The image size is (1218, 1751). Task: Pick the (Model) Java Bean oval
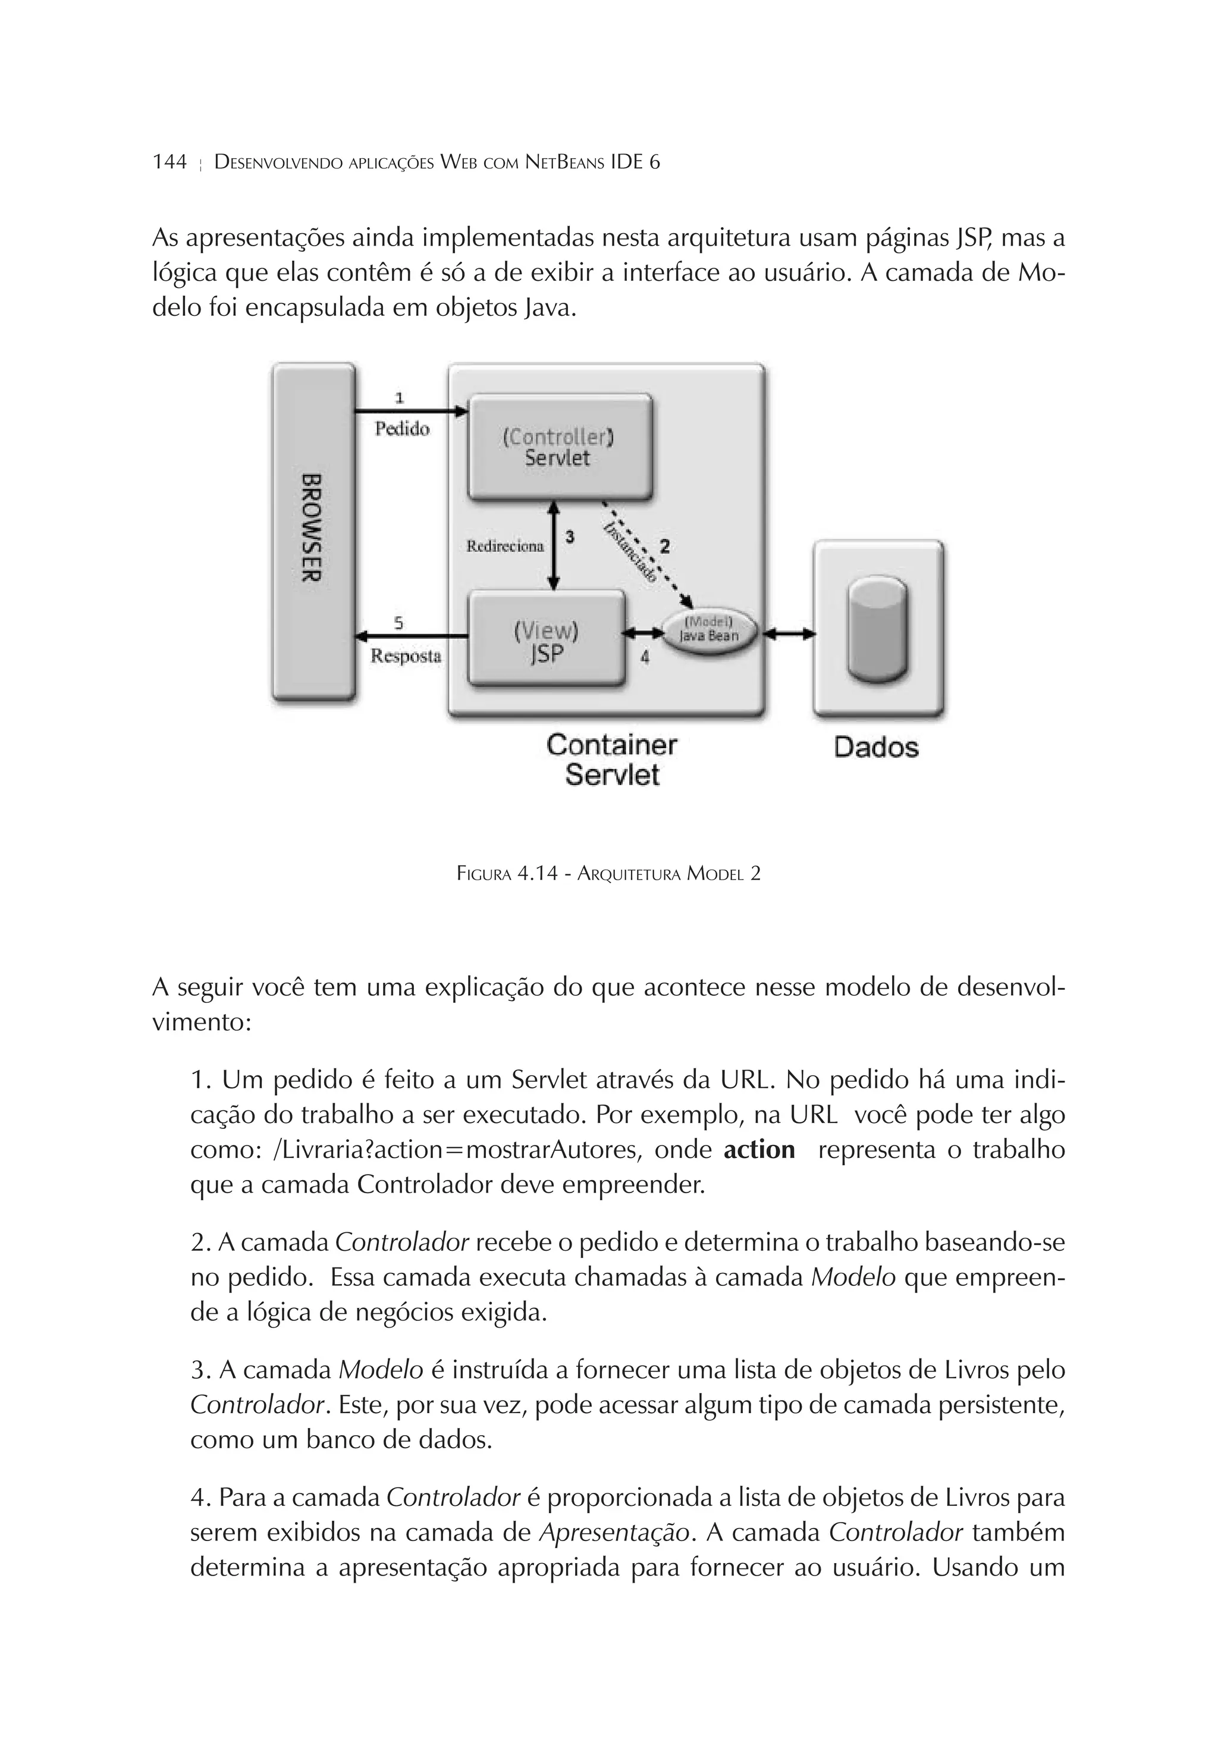(x=708, y=630)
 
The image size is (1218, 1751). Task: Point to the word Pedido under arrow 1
(x=402, y=429)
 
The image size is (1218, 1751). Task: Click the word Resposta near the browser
(x=406, y=656)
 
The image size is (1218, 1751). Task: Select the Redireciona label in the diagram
(x=505, y=546)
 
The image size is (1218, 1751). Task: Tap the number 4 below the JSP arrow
(x=645, y=657)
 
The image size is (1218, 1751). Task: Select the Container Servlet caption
(x=611, y=760)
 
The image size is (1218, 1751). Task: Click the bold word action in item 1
(x=758, y=1149)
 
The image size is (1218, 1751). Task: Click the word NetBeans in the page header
(x=565, y=162)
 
